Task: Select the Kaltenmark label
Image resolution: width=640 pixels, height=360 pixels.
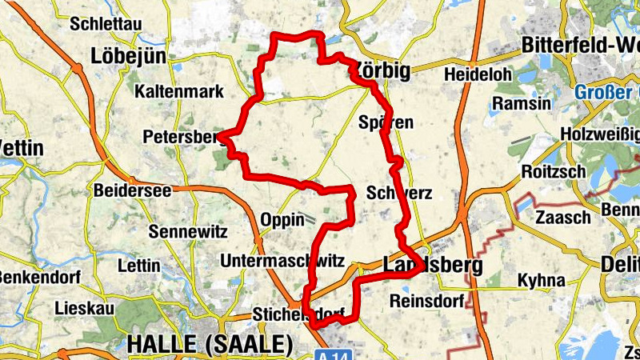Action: (180, 91)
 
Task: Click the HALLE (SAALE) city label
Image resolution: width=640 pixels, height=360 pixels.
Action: (210, 345)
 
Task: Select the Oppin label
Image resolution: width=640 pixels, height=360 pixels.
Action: (282, 219)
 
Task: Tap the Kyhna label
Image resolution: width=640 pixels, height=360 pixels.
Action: (541, 280)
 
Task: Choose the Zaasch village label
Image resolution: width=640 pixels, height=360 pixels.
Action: (563, 217)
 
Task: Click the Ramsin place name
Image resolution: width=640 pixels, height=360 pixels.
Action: (522, 104)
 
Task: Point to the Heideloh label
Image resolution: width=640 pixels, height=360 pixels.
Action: (477, 74)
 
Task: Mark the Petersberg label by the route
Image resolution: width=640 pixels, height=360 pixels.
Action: (181, 138)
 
